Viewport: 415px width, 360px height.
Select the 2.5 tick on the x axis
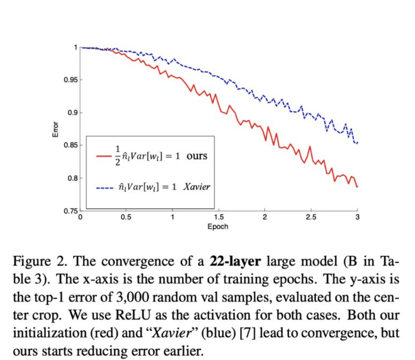tap(311, 218)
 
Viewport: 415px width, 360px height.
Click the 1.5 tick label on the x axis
tap(218, 218)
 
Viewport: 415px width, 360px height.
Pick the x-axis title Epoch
tap(218, 226)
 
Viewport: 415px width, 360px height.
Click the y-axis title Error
tap(56, 129)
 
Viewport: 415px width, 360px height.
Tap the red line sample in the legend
tap(105, 156)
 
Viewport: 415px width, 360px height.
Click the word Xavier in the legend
tap(197, 187)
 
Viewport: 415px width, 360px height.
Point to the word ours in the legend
tap(197, 156)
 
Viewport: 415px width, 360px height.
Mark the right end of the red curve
tap(357, 186)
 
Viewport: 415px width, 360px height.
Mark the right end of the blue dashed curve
tap(357, 142)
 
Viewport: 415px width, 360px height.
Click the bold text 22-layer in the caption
tap(235, 261)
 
